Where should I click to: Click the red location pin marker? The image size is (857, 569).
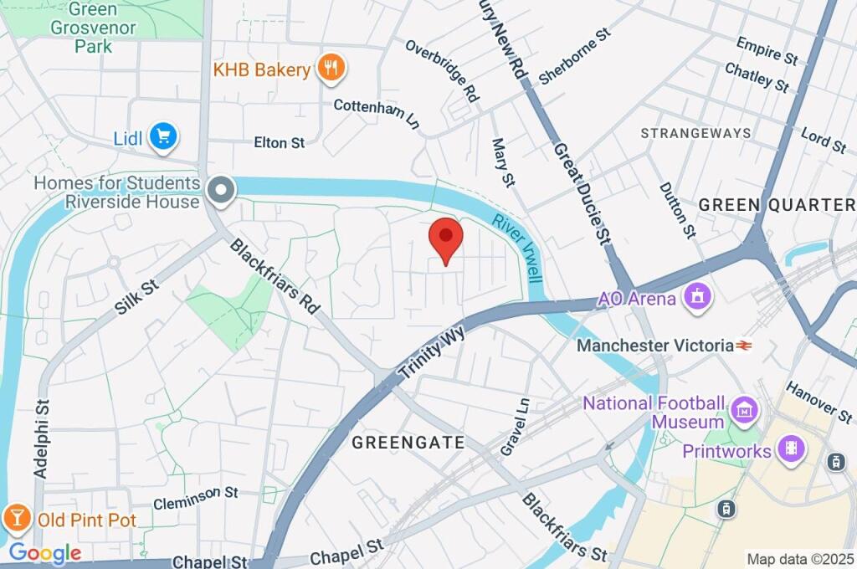tap(445, 239)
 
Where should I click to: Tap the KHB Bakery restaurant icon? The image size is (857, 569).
tap(331, 69)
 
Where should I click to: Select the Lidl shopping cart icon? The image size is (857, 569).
tap(163, 137)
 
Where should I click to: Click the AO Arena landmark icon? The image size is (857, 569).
tap(696, 297)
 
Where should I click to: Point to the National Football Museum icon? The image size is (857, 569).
tap(743, 411)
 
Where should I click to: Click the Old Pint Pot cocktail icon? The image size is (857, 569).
tap(16, 518)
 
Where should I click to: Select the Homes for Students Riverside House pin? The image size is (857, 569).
tap(222, 192)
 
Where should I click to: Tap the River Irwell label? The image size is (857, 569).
tap(518, 249)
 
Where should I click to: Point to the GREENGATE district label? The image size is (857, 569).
tap(408, 443)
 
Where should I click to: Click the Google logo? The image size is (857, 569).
tap(44, 553)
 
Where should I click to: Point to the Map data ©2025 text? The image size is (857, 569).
tap(800, 559)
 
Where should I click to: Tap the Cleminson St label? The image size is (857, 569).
tap(196, 499)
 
